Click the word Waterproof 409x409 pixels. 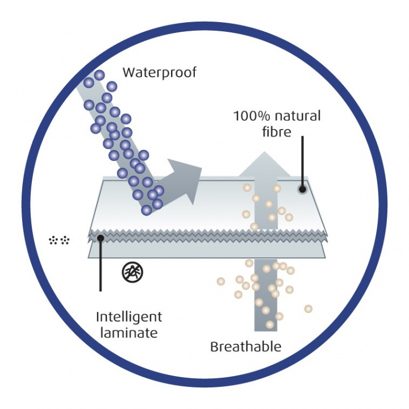pyautogui.click(x=160, y=73)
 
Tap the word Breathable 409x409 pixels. pyautogui.click(x=246, y=347)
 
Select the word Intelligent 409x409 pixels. pyautogui.click(x=129, y=318)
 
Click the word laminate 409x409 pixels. pyautogui.click(x=129, y=332)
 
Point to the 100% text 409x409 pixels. pyautogui.click(x=252, y=116)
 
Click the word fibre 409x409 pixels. pyautogui.click(x=277, y=131)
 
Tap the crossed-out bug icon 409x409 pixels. pyautogui.click(x=132, y=272)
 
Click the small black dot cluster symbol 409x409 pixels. pyautogui.click(x=59, y=240)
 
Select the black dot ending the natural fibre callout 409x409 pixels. pyautogui.click(x=302, y=189)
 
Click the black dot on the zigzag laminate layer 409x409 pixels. pyautogui.click(x=101, y=237)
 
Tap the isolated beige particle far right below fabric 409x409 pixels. pyautogui.click(x=308, y=309)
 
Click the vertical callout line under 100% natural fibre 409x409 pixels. pyautogui.click(x=303, y=161)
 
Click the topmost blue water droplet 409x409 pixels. pyautogui.click(x=99, y=75)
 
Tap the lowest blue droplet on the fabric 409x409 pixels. pyautogui.click(x=147, y=210)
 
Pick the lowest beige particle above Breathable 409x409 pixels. pyautogui.click(x=270, y=325)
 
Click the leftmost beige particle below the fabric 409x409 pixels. pyautogui.click(x=221, y=281)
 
